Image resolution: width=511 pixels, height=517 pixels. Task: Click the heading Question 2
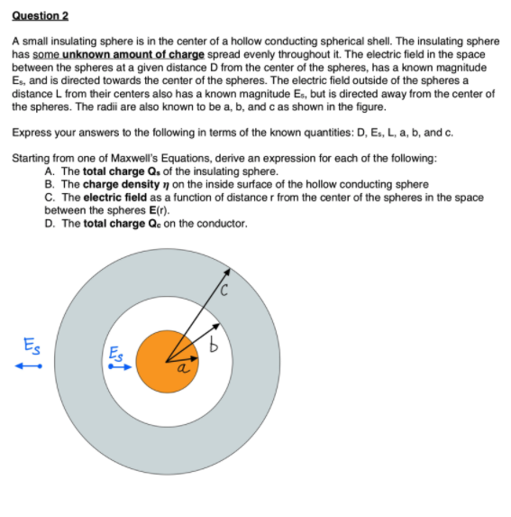(x=40, y=16)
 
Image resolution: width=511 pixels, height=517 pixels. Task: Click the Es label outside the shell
(x=29, y=346)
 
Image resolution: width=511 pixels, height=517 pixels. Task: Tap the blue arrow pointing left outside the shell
(x=28, y=366)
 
